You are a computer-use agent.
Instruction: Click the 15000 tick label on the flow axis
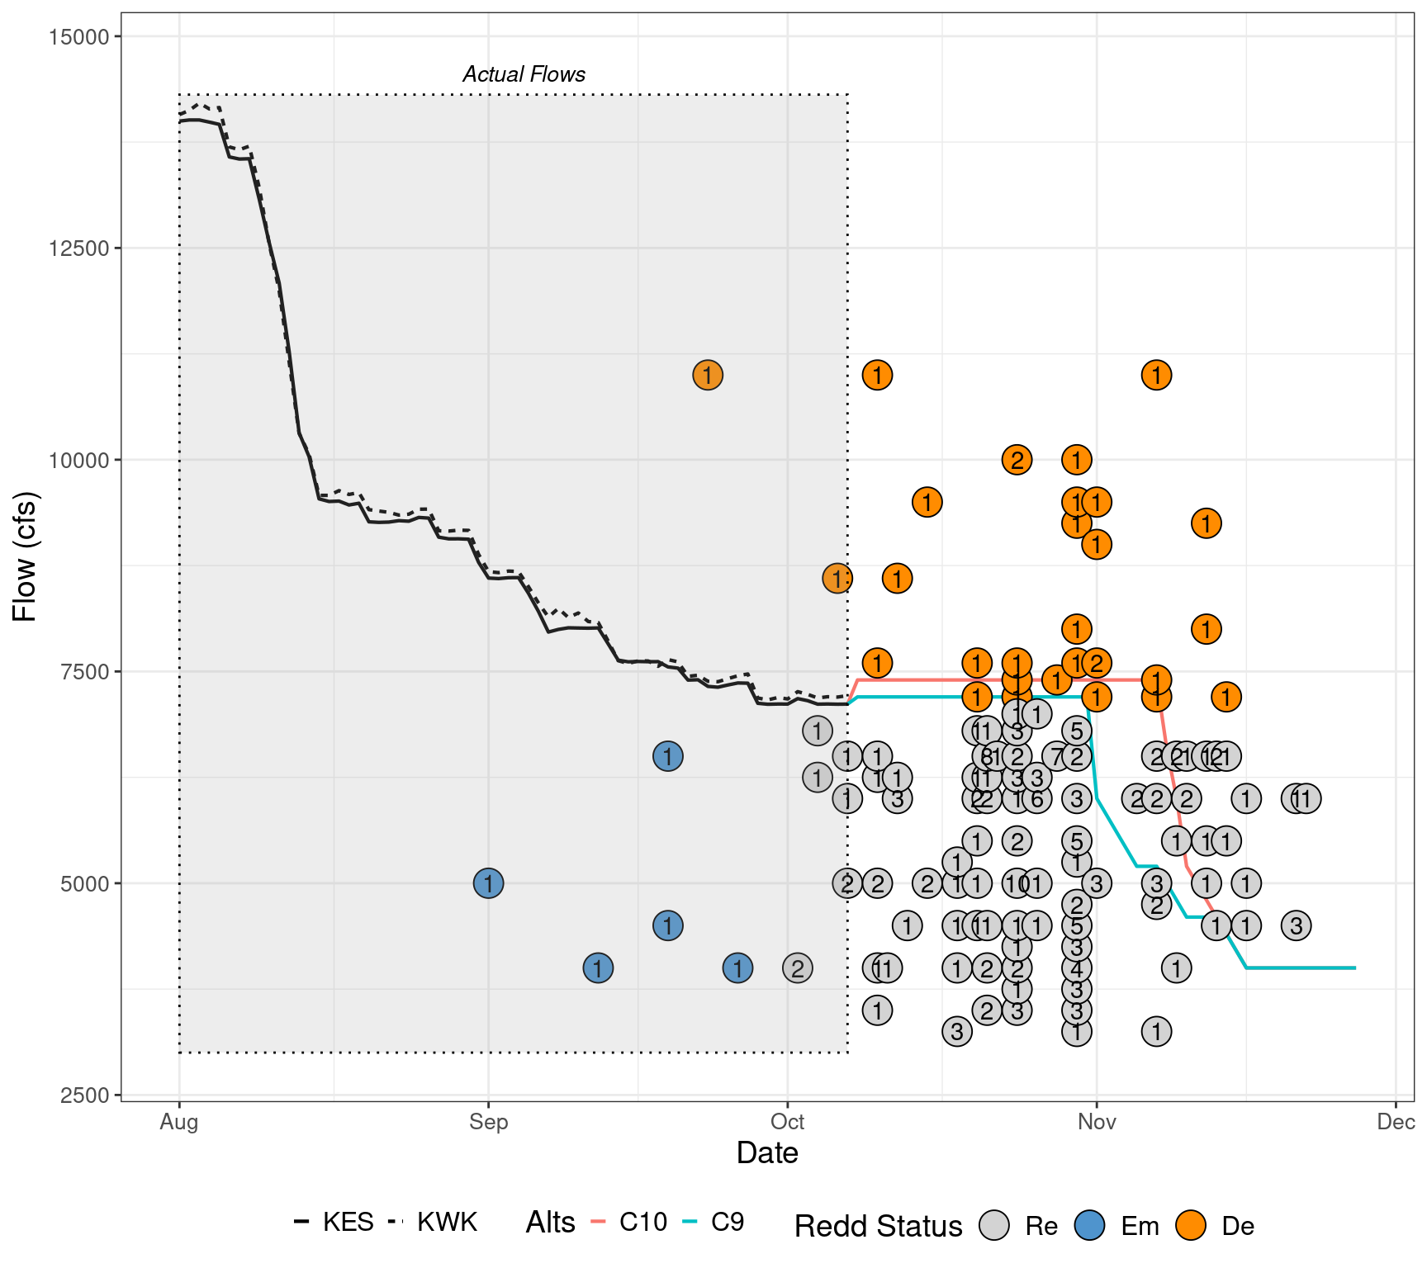click(74, 36)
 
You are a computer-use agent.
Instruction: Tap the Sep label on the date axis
click(488, 1122)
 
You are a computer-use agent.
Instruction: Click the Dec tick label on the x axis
click(1396, 1122)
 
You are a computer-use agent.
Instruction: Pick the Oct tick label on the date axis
click(787, 1122)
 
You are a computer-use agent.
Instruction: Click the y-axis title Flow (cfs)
click(25, 556)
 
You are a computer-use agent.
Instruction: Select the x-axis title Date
click(767, 1153)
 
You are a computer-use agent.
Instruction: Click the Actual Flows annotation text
click(524, 74)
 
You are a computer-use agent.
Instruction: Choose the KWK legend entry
click(447, 1222)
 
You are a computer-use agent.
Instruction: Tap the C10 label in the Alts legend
click(642, 1222)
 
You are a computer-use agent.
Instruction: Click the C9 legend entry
click(727, 1222)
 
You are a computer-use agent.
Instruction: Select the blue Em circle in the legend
click(1090, 1225)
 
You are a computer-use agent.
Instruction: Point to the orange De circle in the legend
click(1191, 1225)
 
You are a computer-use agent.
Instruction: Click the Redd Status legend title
click(878, 1227)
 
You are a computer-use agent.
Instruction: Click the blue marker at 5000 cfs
click(489, 883)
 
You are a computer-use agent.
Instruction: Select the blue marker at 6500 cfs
click(667, 756)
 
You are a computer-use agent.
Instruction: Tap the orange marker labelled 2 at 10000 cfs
click(1017, 460)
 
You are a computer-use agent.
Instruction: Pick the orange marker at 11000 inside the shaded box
click(708, 375)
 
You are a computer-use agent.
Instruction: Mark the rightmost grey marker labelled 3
click(1297, 925)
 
